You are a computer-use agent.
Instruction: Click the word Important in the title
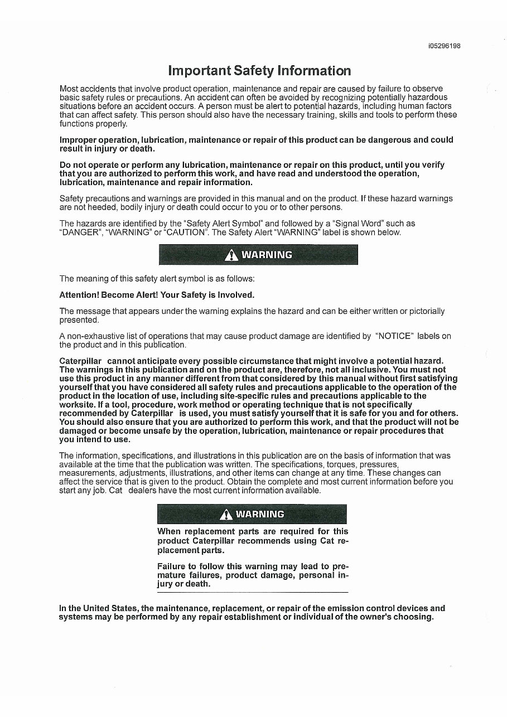pyautogui.click(x=199, y=71)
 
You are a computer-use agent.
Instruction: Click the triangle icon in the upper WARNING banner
pyautogui.click(x=230, y=255)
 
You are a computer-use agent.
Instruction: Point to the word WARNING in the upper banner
pyautogui.click(x=266, y=255)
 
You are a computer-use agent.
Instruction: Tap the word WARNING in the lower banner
pyautogui.click(x=260, y=514)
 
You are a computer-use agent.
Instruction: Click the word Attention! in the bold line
pyautogui.click(x=79, y=294)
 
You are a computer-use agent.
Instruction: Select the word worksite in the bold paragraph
pyautogui.click(x=75, y=404)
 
